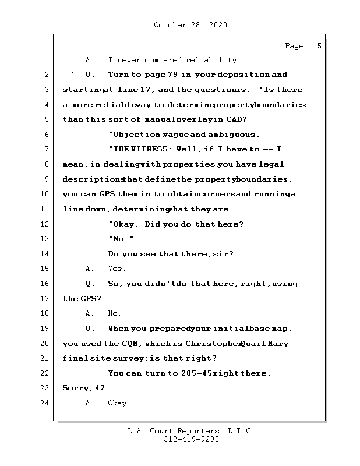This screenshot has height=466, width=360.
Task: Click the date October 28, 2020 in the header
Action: (x=190, y=25)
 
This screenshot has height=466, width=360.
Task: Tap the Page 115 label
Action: (x=303, y=46)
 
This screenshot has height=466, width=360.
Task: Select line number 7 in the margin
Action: (x=45, y=150)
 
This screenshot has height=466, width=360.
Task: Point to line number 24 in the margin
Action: (x=45, y=403)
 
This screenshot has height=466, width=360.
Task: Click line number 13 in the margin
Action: (x=45, y=239)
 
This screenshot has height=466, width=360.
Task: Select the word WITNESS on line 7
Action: (x=151, y=150)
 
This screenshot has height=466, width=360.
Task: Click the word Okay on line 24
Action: (x=119, y=403)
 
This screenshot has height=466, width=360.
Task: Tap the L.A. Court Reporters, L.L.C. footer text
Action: (x=190, y=432)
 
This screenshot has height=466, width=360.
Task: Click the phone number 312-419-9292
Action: (x=190, y=440)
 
